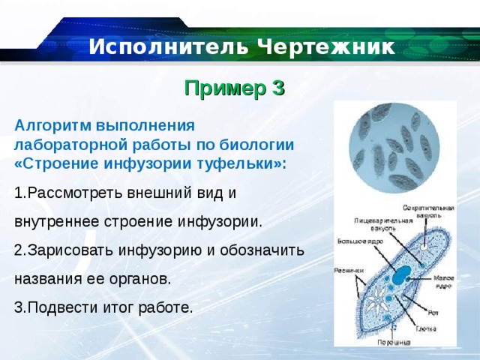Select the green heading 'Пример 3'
(235, 88)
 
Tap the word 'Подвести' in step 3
(57, 307)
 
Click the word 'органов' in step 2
(142, 278)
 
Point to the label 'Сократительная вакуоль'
(428, 211)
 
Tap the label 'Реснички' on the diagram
(349, 270)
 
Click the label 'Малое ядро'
(443, 282)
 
